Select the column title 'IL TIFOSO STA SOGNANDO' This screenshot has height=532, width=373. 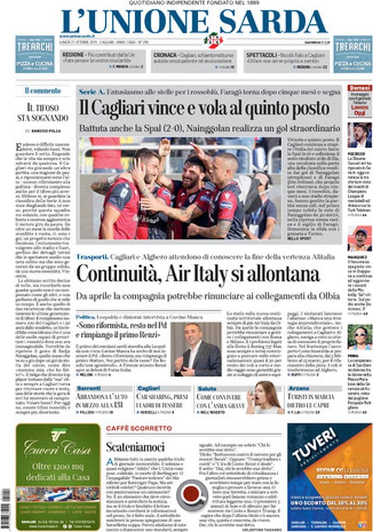[43, 113]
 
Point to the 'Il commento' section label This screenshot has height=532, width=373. [42, 90]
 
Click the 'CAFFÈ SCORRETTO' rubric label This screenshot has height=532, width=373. [131, 428]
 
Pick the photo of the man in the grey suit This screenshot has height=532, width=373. [196, 349]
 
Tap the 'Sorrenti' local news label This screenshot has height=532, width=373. [88, 388]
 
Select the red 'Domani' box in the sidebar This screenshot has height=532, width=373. [359, 88]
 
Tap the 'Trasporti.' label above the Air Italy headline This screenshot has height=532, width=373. [92, 256]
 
